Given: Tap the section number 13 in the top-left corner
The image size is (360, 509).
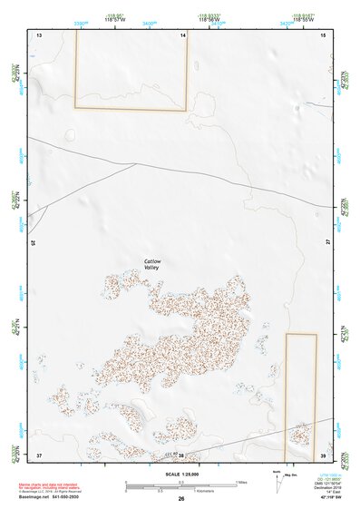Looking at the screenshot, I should [x=39, y=34].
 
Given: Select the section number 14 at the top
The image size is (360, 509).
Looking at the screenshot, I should [x=182, y=34].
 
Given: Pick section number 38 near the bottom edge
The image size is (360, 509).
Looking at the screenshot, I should [x=180, y=455].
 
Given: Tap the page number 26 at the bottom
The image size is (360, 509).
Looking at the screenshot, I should [x=181, y=499].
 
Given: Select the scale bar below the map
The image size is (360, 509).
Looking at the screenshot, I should [x=180, y=485].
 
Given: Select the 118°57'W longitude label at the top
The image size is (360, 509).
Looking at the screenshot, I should [x=114, y=19].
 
